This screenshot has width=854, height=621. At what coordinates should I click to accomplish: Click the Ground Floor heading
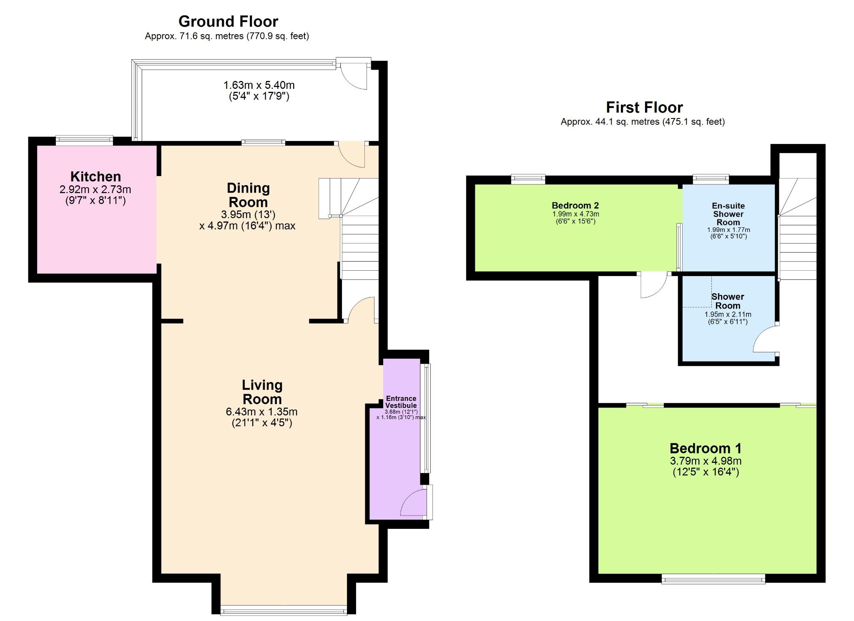(x=228, y=21)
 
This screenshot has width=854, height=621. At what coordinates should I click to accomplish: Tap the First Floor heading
(x=644, y=107)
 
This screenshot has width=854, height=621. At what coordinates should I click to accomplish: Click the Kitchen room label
(x=95, y=176)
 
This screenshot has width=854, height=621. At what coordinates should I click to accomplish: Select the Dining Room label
(x=248, y=195)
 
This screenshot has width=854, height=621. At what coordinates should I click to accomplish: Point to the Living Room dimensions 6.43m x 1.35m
(x=261, y=412)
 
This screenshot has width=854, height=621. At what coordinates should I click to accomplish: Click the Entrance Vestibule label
(x=401, y=402)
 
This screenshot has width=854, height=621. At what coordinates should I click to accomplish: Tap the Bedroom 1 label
(x=705, y=448)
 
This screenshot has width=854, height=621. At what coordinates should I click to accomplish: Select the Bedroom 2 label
(x=575, y=205)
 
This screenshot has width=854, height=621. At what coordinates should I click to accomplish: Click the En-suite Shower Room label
(x=728, y=214)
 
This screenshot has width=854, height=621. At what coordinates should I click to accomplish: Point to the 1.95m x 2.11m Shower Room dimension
(x=728, y=314)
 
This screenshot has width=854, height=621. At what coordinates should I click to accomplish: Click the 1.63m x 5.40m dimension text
(x=259, y=85)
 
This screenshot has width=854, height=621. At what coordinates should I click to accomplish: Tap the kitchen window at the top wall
(x=84, y=140)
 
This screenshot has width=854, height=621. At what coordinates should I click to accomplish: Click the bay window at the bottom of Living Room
(x=284, y=611)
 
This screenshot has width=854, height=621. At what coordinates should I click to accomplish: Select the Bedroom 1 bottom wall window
(x=713, y=579)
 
